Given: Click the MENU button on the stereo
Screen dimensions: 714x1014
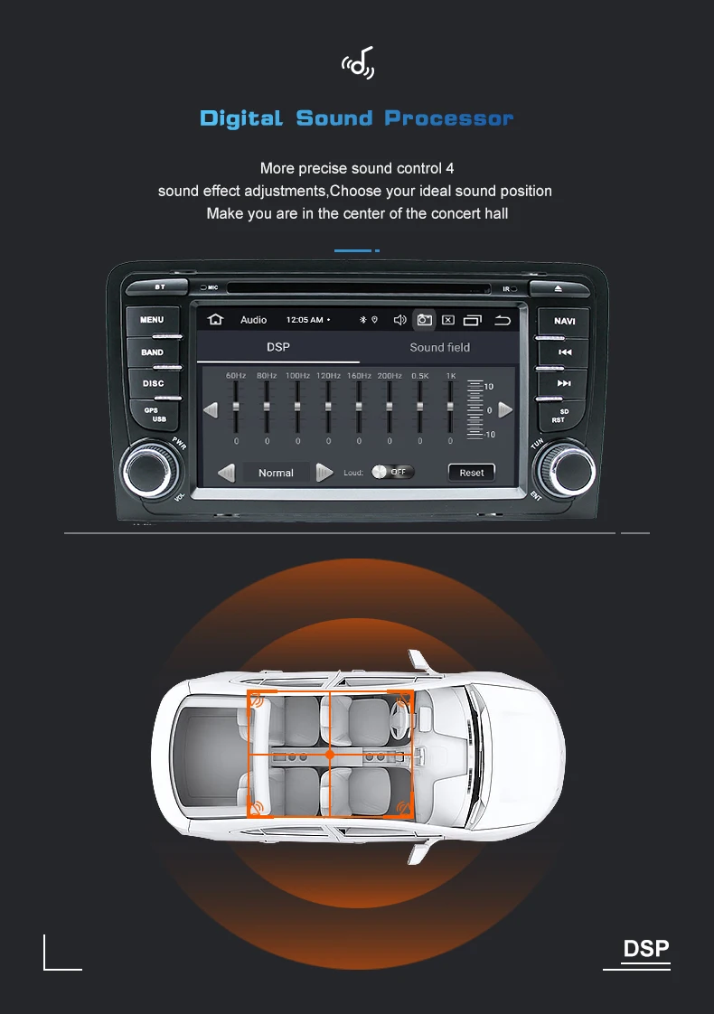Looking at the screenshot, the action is pos(152,320).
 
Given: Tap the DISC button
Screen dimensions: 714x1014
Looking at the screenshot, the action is pos(153,383).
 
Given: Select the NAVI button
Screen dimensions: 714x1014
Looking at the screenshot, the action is pos(564,321).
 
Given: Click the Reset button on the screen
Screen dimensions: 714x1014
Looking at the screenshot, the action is pos(471,473).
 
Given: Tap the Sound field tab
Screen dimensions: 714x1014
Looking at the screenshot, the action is pos(439,347).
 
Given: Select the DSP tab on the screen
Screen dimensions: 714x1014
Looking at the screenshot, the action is pos(277,347).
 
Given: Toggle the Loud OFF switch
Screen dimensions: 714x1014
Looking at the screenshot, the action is pos(393,472).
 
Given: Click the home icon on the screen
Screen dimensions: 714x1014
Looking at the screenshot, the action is pos(215,320).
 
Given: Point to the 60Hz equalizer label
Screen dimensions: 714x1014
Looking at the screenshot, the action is pos(236,375).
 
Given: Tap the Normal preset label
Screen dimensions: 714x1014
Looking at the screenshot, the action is pos(276,473).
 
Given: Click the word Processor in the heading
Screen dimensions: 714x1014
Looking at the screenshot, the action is pos(448,118).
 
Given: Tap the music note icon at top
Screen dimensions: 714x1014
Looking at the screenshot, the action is pos(357,64).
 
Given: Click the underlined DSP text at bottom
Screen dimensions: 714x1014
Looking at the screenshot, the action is pos(645,949).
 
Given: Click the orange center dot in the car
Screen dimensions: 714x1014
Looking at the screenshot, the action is pos(330,754).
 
